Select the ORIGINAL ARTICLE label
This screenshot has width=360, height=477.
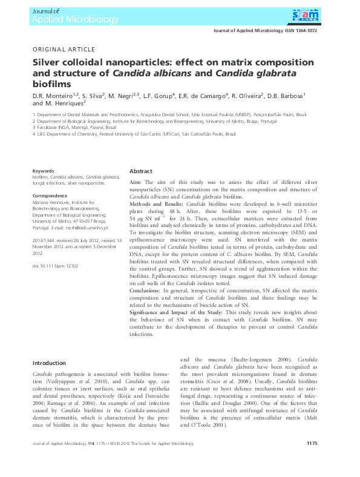click(63, 49)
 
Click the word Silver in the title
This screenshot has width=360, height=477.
click(48, 62)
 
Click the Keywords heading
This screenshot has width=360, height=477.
click(43, 171)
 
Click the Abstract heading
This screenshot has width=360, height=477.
click(141, 171)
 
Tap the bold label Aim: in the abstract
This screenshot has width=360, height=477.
click(137, 182)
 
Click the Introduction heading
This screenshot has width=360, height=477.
click(49, 363)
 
